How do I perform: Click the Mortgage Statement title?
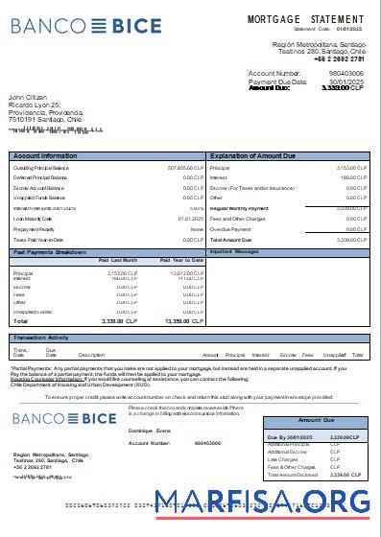(x=305, y=19)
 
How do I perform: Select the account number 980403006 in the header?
(x=345, y=73)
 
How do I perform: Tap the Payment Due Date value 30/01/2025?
(x=346, y=81)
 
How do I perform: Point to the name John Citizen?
(x=30, y=98)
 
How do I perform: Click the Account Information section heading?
(x=45, y=154)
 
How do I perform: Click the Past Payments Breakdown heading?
(x=53, y=251)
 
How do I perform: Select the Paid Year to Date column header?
(x=181, y=260)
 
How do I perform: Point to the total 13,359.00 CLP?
(x=184, y=321)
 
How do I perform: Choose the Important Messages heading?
(x=234, y=251)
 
